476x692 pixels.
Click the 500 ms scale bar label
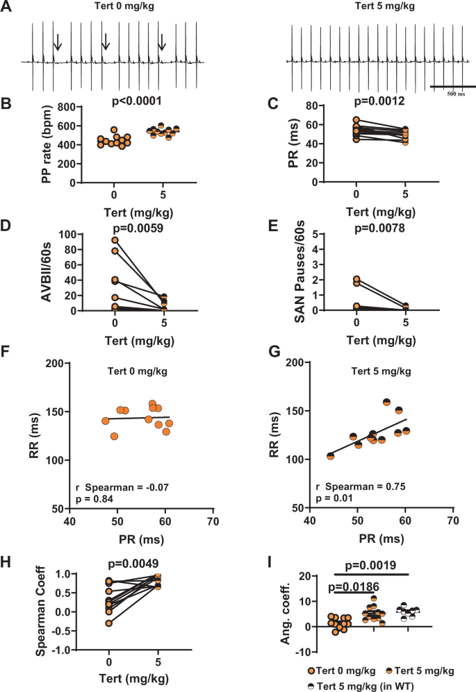[455, 92]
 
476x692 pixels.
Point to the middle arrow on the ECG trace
[106, 42]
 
